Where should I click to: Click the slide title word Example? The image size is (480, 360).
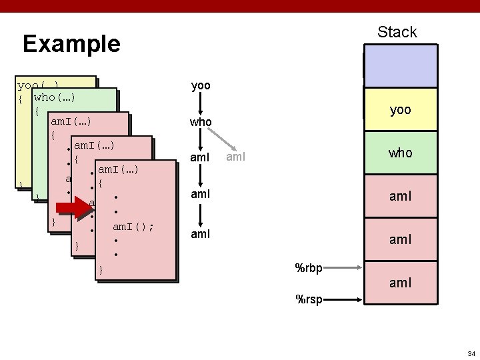71,44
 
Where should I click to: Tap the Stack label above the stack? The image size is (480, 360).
397,32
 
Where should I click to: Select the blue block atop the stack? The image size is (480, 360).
400,66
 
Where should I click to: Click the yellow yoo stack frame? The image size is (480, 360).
400,110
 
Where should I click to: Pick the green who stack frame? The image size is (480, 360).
400,153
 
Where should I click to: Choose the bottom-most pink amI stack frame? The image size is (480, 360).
400,283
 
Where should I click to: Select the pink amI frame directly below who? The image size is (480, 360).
400,197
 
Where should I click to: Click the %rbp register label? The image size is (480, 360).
308,269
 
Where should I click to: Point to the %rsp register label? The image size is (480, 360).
309,300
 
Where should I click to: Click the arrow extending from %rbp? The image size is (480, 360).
343,269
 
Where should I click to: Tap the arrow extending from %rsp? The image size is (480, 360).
343,301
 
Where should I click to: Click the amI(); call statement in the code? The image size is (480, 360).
133,227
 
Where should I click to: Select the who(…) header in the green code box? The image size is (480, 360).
54,97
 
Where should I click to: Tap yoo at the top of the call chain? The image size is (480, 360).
201,86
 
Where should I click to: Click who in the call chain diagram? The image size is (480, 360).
201,122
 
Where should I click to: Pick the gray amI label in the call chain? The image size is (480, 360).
237,157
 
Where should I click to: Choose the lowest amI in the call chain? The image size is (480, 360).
201,234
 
